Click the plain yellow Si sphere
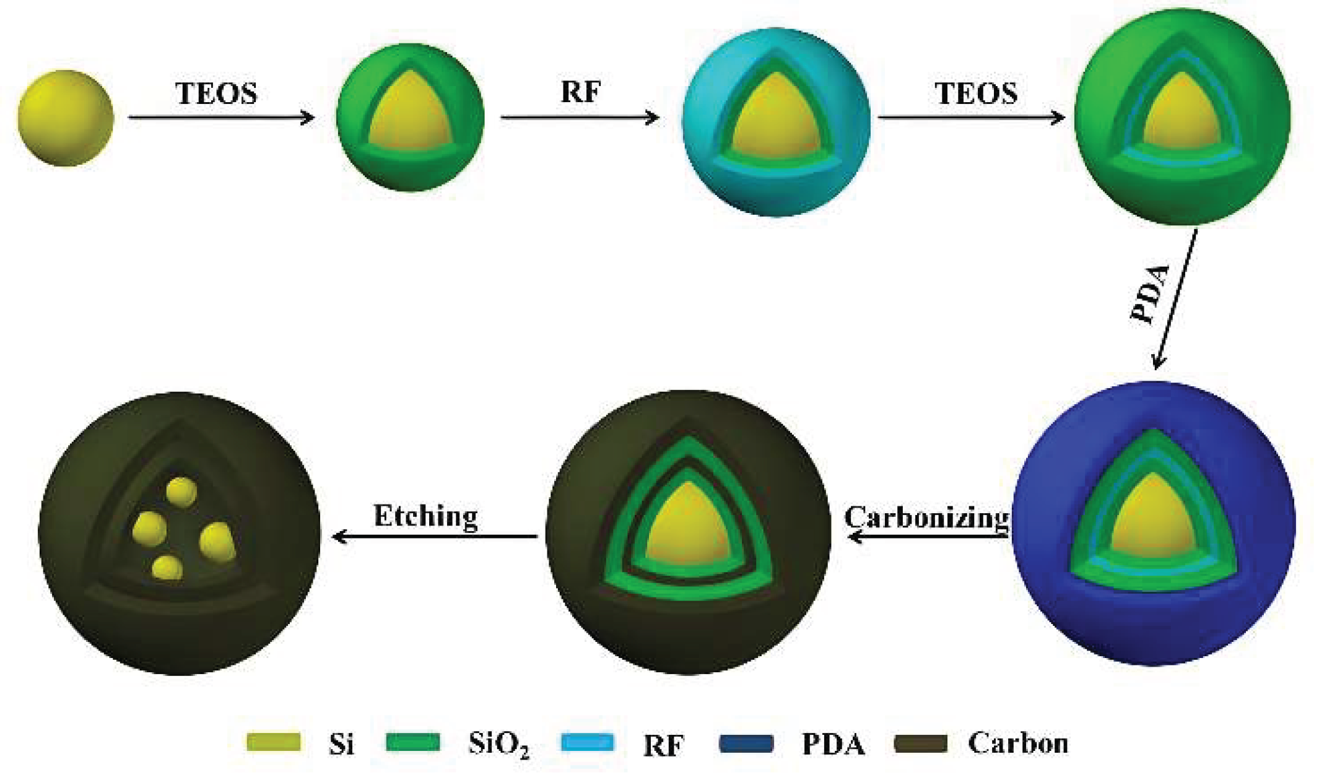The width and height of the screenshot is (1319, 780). tap(66, 118)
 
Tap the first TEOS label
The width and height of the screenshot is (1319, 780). tap(216, 94)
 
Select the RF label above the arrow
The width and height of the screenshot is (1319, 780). tap(580, 92)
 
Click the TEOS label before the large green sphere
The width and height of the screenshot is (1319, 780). tap(976, 93)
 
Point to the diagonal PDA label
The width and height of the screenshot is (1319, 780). tap(1151, 294)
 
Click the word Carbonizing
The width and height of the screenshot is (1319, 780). tap(926, 518)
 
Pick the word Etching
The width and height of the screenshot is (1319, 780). tap(425, 516)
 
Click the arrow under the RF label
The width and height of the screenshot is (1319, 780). tap(580, 117)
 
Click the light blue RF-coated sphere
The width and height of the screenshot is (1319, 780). tap(776, 122)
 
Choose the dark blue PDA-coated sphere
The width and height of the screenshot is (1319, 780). tap(1153, 524)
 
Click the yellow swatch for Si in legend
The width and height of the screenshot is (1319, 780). tap(274, 742)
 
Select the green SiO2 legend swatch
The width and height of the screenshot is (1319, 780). tap(413, 742)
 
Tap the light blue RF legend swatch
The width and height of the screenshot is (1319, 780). tap(587, 742)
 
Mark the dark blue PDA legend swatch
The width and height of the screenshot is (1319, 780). tap(746, 742)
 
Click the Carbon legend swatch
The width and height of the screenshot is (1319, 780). tap(921, 742)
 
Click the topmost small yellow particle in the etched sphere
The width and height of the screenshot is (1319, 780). tap(181, 492)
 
